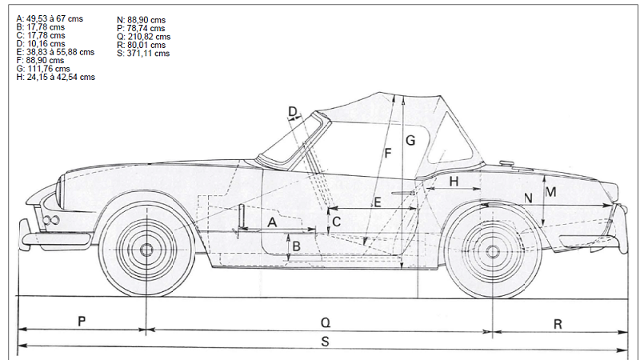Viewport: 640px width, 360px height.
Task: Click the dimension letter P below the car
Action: (x=82, y=321)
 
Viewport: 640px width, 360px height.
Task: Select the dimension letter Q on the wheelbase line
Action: (x=325, y=322)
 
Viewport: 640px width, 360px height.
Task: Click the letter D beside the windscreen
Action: (x=293, y=111)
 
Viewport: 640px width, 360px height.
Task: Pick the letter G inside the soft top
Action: (x=410, y=140)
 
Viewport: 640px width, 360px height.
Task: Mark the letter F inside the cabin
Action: (x=388, y=152)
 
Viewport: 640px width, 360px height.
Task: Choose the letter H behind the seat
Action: (x=454, y=182)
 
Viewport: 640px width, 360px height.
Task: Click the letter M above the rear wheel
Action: (x=550, y=192)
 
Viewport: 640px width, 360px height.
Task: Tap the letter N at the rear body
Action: (x=528, y=198)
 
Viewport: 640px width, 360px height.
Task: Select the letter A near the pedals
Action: (x=272, y=222)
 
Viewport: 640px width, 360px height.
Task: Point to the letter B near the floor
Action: (x=296, y=246)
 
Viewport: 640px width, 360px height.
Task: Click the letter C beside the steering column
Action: (x=337, y=221)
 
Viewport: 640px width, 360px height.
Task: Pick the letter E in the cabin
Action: (x=378, y=202)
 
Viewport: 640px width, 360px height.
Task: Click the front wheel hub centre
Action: (x=147, y=250)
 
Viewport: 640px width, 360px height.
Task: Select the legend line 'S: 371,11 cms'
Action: (x=143, y=54)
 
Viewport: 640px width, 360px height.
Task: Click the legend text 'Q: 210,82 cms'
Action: (x=143, y=36)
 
